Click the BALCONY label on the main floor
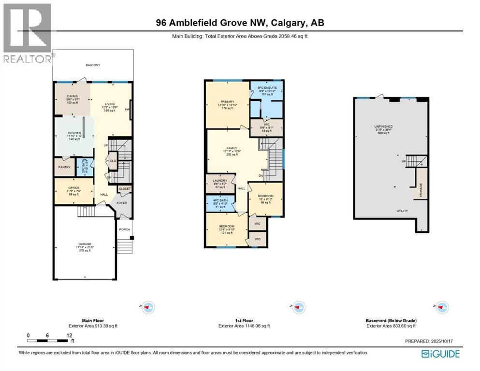pyautogui.click(x=92, y=64)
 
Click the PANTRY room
pyautogui.click(x=64, y=167)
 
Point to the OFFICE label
pyautogui.click(x=73, y=187)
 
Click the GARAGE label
pyautogui.click(x=85, y=244)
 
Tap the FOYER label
pyautogui.click(x=122, y=203)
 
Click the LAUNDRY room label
pyautogui.click(x=220, y=181)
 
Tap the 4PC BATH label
pyautogui.click(x=219, y=201)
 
